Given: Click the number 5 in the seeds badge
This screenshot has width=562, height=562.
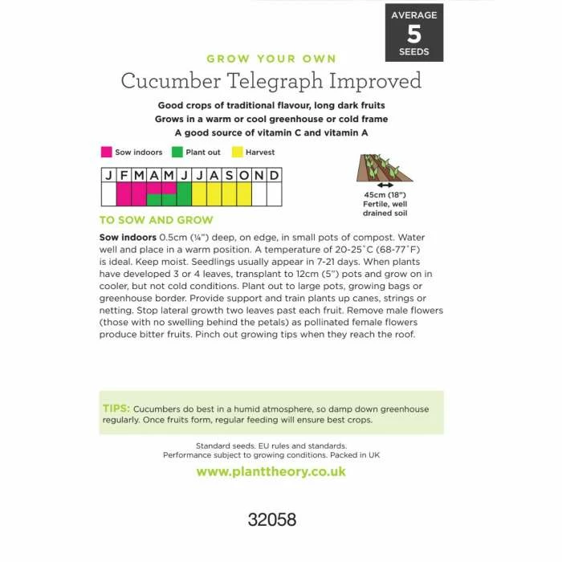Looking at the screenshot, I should point(414,34).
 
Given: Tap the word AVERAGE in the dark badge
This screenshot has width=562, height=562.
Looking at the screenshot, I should point(414,15).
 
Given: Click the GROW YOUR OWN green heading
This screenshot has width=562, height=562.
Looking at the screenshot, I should point(271,59).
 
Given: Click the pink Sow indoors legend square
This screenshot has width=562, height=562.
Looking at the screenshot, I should point(105,152).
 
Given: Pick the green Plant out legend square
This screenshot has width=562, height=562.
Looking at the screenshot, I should point(176,152).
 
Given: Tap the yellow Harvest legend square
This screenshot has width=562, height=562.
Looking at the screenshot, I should point(237,152).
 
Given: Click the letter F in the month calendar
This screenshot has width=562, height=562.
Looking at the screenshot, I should point(124,176).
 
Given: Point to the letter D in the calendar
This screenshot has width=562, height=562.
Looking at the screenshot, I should point(274,176).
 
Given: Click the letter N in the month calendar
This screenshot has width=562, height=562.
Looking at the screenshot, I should point(259,176).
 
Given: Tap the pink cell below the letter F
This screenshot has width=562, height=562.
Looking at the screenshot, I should point(124,194).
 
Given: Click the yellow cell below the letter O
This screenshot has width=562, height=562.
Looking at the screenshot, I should point(244,194).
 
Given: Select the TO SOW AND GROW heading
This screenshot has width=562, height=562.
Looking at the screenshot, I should point(157,220).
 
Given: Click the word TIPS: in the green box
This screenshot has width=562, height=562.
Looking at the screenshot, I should point(116,409).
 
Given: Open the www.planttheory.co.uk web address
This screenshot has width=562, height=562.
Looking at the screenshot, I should point(271,471).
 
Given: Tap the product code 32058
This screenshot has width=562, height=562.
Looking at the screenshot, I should point(271,519).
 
